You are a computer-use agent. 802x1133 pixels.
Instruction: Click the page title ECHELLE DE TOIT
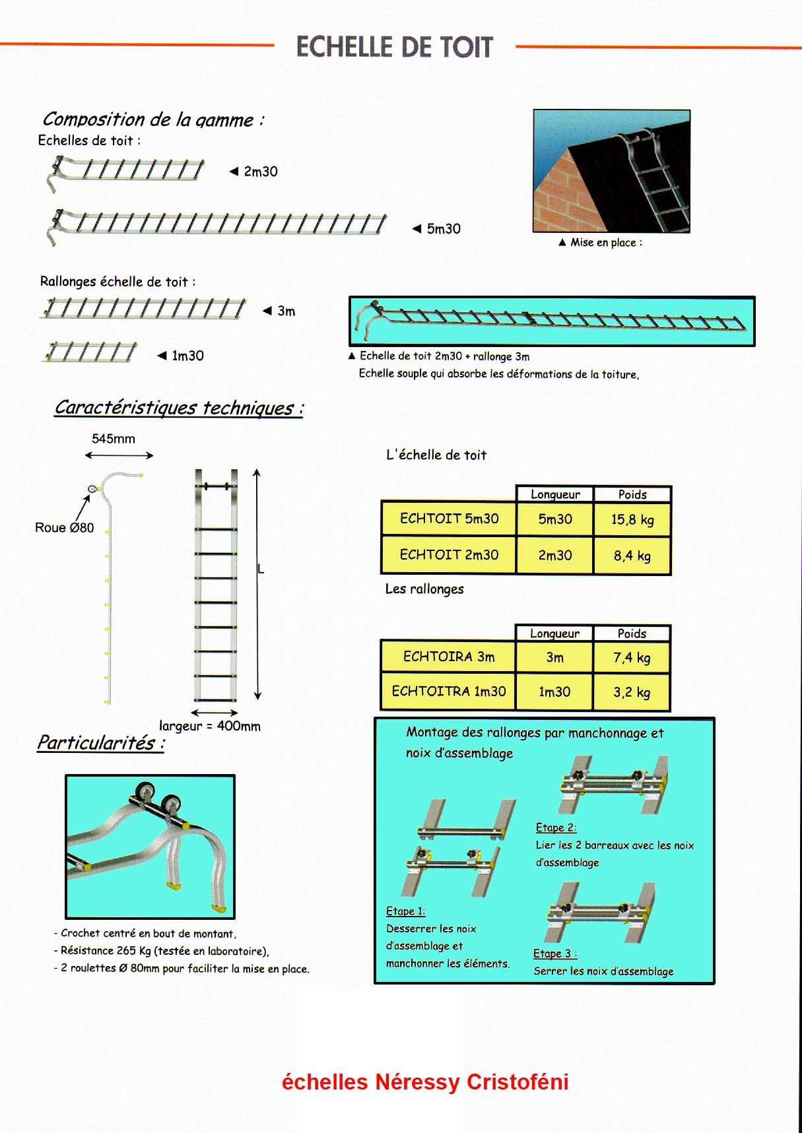[x=394, y=48]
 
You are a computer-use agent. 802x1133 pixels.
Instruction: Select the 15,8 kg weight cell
[x=632, y=519]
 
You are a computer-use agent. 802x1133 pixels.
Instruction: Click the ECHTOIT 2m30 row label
[x=449, y=555]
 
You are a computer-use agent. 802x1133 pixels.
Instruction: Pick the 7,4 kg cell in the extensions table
[x=632, y=658]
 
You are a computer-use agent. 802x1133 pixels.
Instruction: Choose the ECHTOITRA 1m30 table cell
[x=449, y=692]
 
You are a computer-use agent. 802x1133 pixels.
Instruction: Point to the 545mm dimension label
[x=114, y=439]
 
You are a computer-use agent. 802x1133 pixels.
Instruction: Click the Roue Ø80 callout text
[x=65, y=528]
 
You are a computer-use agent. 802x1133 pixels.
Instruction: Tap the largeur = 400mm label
[x=210, y=726]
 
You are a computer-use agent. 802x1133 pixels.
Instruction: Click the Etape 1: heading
[x=405, y=911]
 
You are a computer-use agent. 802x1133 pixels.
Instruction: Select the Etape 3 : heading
[x=555, y=954]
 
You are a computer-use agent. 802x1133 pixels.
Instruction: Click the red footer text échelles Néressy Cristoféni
[x=425, y=1082]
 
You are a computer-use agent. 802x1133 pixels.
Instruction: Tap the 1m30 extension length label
[x=187, y=356]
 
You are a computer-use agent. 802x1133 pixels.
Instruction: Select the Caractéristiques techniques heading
[x=179, y=408]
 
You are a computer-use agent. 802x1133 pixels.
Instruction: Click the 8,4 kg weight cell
[x=632, y=556]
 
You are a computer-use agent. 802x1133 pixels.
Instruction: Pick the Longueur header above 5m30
[x=555, y=494]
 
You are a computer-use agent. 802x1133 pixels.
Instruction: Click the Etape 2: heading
[x=556, y=827]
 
